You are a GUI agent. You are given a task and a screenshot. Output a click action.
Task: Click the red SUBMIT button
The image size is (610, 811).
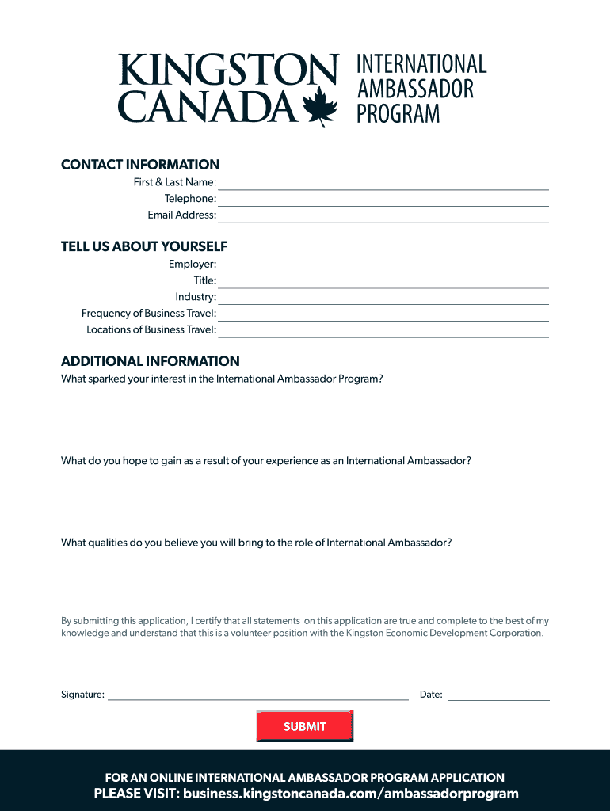(x=305, y=726)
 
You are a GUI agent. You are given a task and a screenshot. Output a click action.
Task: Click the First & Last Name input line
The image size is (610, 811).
(x=383, y=184)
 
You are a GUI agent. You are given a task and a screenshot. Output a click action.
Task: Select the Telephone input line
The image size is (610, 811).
(x=383, y=200)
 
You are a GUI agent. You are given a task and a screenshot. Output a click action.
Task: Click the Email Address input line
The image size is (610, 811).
(x=383, y=216)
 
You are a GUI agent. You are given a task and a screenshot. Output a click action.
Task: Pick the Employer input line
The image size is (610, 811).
(x=383, y=265)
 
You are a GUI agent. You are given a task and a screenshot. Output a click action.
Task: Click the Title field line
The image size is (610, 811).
(x=383, y=281)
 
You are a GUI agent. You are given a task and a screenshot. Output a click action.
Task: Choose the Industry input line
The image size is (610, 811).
(x=383, y=298)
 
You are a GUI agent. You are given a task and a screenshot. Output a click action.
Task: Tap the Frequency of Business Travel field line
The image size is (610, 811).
(x=383, y=314)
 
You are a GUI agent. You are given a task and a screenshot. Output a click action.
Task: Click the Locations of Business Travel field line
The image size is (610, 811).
(x=383, y=331)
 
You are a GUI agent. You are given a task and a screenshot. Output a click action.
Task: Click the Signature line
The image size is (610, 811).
(x=258, y=695)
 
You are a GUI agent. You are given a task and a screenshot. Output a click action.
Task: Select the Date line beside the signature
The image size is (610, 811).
(x=498, y=695)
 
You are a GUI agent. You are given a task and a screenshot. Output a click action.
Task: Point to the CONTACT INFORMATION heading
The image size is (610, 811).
(x=140, y=165)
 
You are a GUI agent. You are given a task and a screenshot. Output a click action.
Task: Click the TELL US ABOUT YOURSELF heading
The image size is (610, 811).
(x=144, y=246)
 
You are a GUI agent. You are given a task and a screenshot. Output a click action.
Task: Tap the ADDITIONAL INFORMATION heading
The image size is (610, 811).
(x=151, y=361)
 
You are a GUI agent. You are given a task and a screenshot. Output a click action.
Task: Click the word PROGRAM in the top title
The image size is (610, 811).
(x=398, y=114)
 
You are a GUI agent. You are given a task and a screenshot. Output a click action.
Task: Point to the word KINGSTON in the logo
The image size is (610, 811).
(x=228, y=71)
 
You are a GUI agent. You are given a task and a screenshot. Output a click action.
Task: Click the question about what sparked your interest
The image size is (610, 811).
(x=222, y=379)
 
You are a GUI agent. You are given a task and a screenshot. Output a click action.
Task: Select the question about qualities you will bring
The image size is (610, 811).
(x=257, y=543)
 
